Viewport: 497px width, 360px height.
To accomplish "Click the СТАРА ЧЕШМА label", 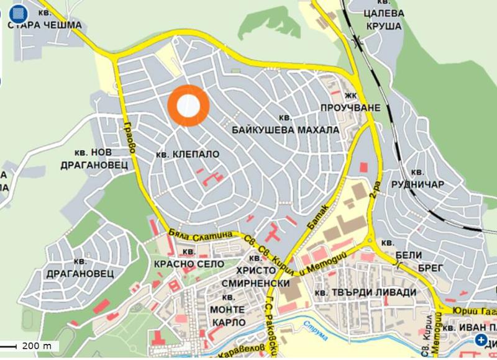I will coord(44,25).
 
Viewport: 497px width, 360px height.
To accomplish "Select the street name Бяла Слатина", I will coord(199,234).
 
